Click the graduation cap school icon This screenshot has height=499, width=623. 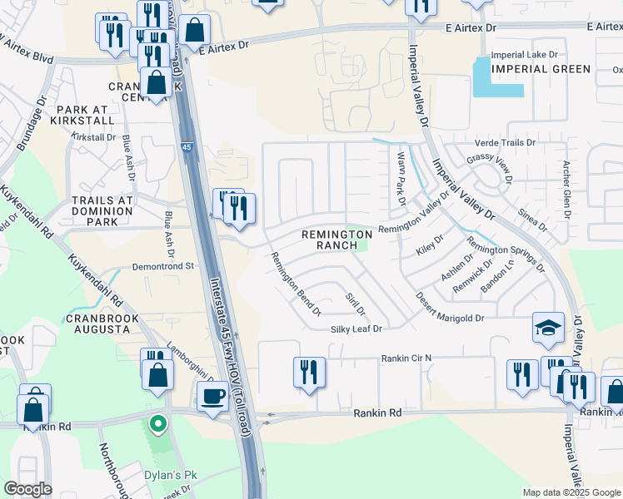[549, 328]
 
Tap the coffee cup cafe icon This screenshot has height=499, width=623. [212, 396]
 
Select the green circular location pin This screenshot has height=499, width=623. [157, 425]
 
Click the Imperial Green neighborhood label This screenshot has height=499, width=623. [541, 69]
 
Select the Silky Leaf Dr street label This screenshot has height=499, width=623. [353, 329]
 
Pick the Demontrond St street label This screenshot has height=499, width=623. [162, 266]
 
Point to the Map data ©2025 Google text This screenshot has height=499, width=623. [571, 492]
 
